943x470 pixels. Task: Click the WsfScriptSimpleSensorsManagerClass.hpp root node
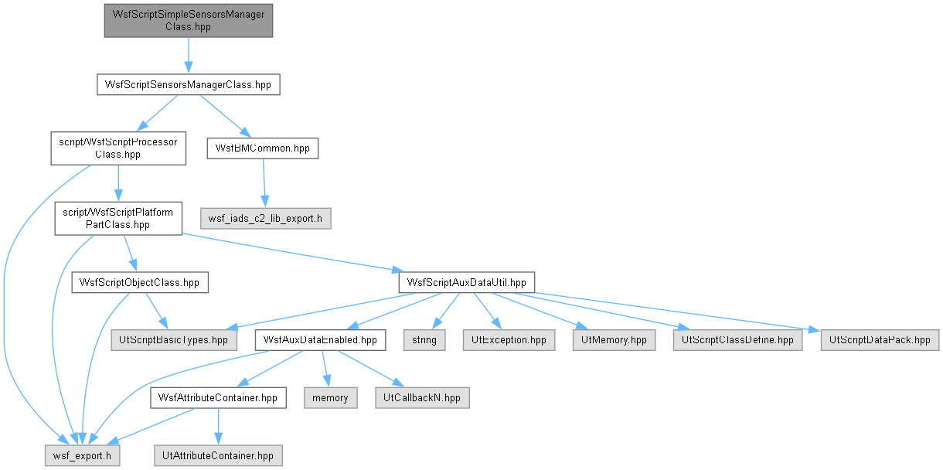click(188, 21)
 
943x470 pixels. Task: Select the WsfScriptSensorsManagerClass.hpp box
click(188, 85)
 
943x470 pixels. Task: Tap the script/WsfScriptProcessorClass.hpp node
click(118, 148)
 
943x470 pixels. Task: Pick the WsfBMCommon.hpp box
click(263, 148)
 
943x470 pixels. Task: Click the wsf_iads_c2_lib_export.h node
click(266, 219)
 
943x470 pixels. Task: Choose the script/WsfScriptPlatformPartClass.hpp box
click(118, 219)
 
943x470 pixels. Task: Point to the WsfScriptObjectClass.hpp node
click(140, 283)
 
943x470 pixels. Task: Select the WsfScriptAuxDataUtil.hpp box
click(467, 283)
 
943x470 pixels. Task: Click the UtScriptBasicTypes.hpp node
click(174, 340)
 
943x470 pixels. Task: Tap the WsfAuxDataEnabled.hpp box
click(320, 340)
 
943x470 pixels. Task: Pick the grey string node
click(424, 340)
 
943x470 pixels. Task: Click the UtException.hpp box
click(509, 340)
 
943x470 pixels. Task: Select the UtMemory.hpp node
click(614, 340)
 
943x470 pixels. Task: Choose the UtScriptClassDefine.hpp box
click(737, 340)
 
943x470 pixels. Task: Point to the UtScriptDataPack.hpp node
click(880, 340)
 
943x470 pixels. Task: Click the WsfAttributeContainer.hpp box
click(219, 397)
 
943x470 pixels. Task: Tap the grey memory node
click(331, 397)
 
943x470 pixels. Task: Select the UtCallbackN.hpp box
click(422, 397)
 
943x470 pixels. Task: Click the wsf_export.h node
click(83, 455)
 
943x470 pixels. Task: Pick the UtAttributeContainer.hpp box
click(219, 455)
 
